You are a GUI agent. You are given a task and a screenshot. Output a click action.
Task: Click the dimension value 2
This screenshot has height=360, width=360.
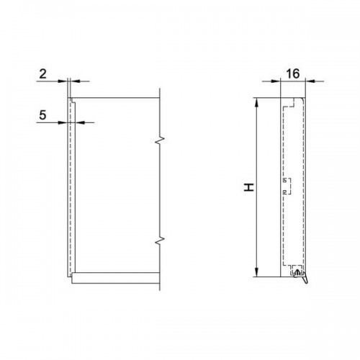[x=42, y=74]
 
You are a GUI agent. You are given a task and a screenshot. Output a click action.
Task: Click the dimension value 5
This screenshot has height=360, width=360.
[x=42, y=115]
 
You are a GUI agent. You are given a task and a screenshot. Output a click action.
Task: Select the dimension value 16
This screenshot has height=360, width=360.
[x=293, y=73]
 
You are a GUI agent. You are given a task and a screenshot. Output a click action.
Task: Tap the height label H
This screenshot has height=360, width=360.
[x=249, y=187]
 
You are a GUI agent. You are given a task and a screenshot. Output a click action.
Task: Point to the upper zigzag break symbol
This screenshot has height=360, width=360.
[x=160, y=140]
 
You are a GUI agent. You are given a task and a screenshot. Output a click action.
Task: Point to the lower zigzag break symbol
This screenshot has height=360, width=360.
[x=160, y=240]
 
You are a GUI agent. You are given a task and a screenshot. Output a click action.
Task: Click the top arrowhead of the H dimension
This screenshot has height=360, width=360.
[x=257, y=103]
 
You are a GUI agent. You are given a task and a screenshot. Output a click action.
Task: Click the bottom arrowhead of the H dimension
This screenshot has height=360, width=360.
[x=257, y=272]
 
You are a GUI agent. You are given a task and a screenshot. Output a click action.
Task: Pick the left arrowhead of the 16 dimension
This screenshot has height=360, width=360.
[x=276, y=81]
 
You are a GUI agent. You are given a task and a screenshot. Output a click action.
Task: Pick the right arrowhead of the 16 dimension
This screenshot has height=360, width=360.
[x=310, y=81]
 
